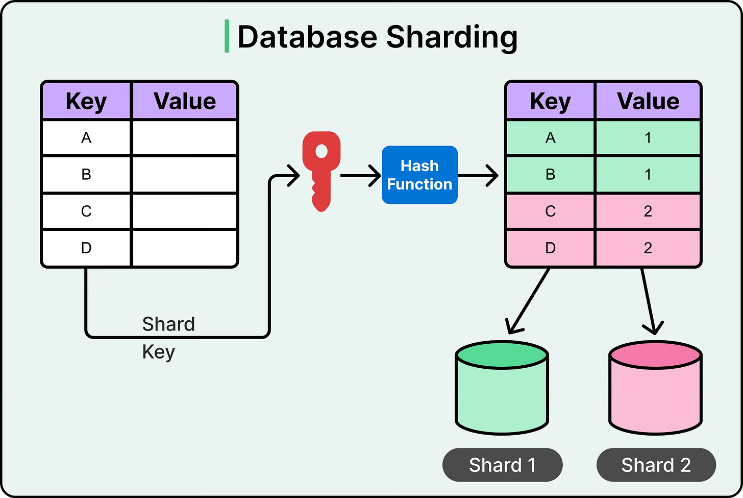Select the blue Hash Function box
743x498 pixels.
pyautogui.click(x=419, y=175)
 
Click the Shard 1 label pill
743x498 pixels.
pyautogui.click(x=502, y=465)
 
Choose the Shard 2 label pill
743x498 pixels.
pyautogui.click(x=656, y=465)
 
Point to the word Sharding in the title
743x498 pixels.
pyautogui.click(x=452, y=37)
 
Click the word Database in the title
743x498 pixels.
pyautogui.click(x=308, y=37)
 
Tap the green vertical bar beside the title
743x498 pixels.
pyautogui.click(x=227, y=36)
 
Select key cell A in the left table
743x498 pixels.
pyautogui.click(x=86, y=138)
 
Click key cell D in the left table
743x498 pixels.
pyautogui.click(x=86, y=248)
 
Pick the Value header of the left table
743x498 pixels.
pyautogui.click(x=185, y=101)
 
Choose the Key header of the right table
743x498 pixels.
pyautogui.click(x=550, y=101)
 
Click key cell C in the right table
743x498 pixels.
pyautogui.click(x=550, y=211)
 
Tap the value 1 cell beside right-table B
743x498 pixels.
pyautogui.click(x=648, y=175)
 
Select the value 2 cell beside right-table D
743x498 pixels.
pyautogui.click(x=648, y=248)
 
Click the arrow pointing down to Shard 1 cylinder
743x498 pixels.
pyautogui.click(x=528, y=301)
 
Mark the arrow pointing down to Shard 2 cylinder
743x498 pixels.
pyautogui.click(x=649, y=301)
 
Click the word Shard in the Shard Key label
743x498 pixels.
pyautogui.click(x=168, y=324)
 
